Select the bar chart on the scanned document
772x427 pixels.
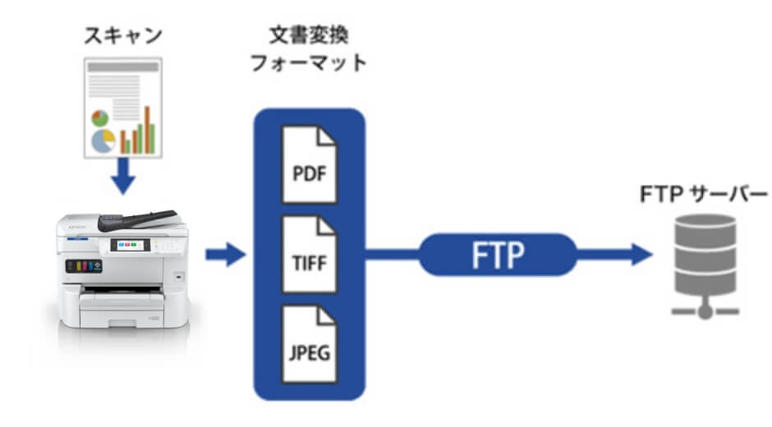point(138,132)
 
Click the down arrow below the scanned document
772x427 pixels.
point(123,177)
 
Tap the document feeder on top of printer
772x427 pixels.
point(136,219)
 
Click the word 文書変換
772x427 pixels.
point(308,37)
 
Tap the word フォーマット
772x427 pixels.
point(308,64)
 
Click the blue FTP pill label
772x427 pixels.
point(498,255)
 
